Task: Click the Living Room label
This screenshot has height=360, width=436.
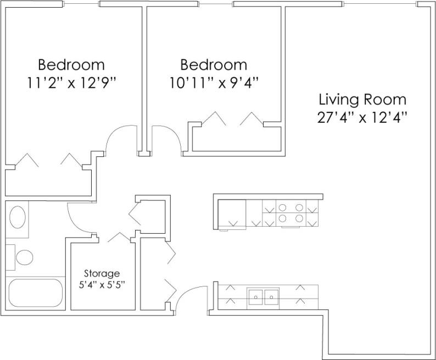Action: pyautogui.click(x=362, y=100)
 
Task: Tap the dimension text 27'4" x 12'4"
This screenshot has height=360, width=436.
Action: pyautogui.click(x=362, y=117)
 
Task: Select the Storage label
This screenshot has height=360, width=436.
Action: pyautogui.click(x=102, y=273)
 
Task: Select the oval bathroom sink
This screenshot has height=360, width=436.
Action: pyautogui.click(x=19, y=217)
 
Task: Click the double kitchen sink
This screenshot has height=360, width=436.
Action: pyautogui.click(x=264, y=297)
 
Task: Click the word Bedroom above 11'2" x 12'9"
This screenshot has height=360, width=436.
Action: pyautogui.click(x=71, y=65)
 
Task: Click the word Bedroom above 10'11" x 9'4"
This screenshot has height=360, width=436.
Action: pyautogui.click(x=214, y=65)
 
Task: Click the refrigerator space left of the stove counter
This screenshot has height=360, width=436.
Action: pyautogui.click(x=232, y=214)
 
